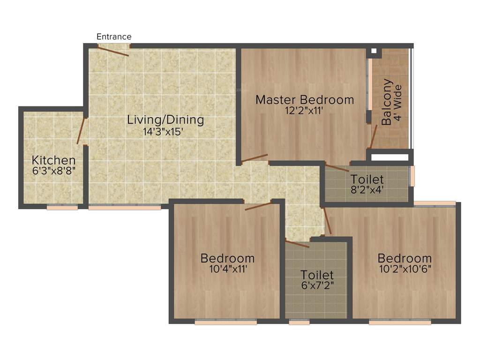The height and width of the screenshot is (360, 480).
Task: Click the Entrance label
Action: pyautogui.click(x=114, y=37)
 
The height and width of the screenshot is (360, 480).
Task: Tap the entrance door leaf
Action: pyautogui.click(x=113, y=51)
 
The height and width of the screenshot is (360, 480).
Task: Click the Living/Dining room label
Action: pyautogui.click(x=165, y=120)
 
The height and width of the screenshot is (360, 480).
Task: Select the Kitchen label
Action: pyautogui.click(x=54, y=160)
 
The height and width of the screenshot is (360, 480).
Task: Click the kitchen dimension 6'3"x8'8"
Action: pyautogui.click(x=53, y=171)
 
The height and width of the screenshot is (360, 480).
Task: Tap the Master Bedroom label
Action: pyautogui.click(x=305, y=99)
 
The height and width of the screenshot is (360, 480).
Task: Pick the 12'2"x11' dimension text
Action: pyautogui.click(x=303, y=111)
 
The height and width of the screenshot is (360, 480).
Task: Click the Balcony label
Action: pyautogui.click(x=387, y=102)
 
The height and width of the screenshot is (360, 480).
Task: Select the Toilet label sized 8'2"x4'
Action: pyautogui.click(x=367, y=179)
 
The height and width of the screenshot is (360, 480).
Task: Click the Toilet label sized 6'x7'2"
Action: pyautogui.click(x=317, y=275)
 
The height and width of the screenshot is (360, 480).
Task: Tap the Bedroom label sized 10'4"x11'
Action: pyautogui.click(x=227, y=258)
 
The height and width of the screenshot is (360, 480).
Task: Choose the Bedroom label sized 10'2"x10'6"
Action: pyautogui.click(x=405, y=258)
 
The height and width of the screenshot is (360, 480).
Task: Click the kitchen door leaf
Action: pyautogui.click(x=81, y=130)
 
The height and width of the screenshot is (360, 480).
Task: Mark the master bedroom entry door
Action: pyautogui.click(x=254, y=158)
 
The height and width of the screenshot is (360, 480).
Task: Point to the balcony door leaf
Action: pyautogui.click(x=374, y=136)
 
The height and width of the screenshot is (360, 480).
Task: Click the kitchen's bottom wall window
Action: pyautogui.click(x=62, y=207)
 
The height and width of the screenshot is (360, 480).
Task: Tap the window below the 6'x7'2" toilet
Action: pyautogui.click(x=300, y=322)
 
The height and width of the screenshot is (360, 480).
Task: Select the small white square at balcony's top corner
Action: pyautogui.click(x=374, y=51)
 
